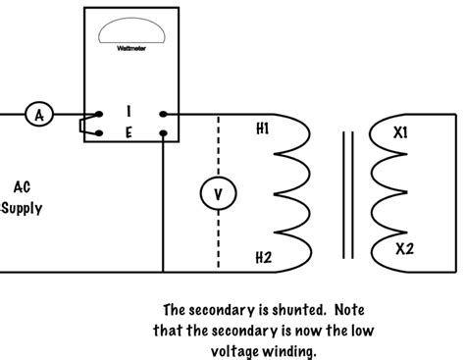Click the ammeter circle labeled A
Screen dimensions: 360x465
pyautogui.click(x=39, y=116)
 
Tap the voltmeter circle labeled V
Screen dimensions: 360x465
pyautogui.click(x=218, y=194)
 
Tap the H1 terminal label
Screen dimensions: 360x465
pyautogui.click(x=263, y=129)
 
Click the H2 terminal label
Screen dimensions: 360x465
pyautogui.click(x=263, y=258)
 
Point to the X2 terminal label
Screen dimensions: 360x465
pyautogui.click(x=405, y=248)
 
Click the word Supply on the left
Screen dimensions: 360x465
pyautogui.click(x=22, y=208)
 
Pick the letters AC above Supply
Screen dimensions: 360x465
pyautogui.click(x=22, y=186)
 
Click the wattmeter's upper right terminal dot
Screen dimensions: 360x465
pyautogui.click(x=164, y=115)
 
